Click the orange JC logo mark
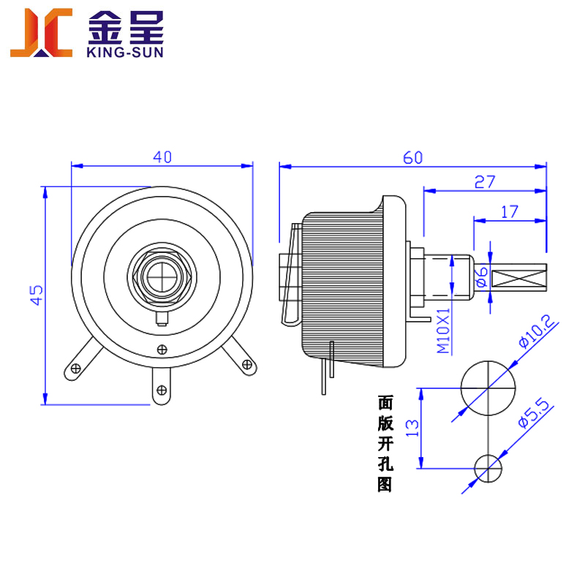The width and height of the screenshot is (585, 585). (x=41, y=32)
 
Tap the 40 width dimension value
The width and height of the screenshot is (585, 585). (x=162, y=156)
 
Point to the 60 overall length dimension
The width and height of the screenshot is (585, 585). (x=413, y=156)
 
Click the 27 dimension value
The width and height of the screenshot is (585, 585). (x=485, y=182)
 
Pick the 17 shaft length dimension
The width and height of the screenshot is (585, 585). (x=510, y=211)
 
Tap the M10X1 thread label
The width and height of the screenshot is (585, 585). (x=444, y=331)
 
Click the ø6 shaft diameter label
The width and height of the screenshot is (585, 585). (x=480, y=276)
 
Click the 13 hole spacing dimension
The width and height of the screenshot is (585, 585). (x=412, y=429)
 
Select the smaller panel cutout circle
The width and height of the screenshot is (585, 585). (x=488, y=468)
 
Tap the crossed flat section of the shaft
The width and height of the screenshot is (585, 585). (x=519, y=278)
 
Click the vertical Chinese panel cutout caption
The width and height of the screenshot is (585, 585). (x=385, y=443)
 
